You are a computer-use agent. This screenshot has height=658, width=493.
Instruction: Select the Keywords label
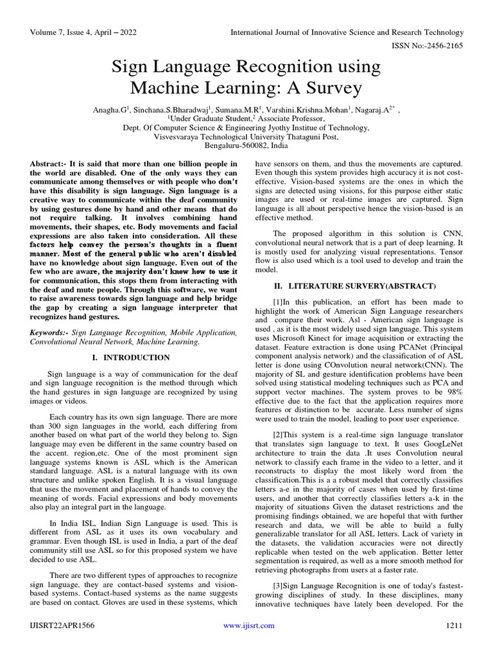coord(49,333)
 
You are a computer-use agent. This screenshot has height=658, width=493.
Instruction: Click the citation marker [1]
coord(278,301)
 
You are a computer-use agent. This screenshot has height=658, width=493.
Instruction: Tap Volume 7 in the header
coord(48,32)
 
